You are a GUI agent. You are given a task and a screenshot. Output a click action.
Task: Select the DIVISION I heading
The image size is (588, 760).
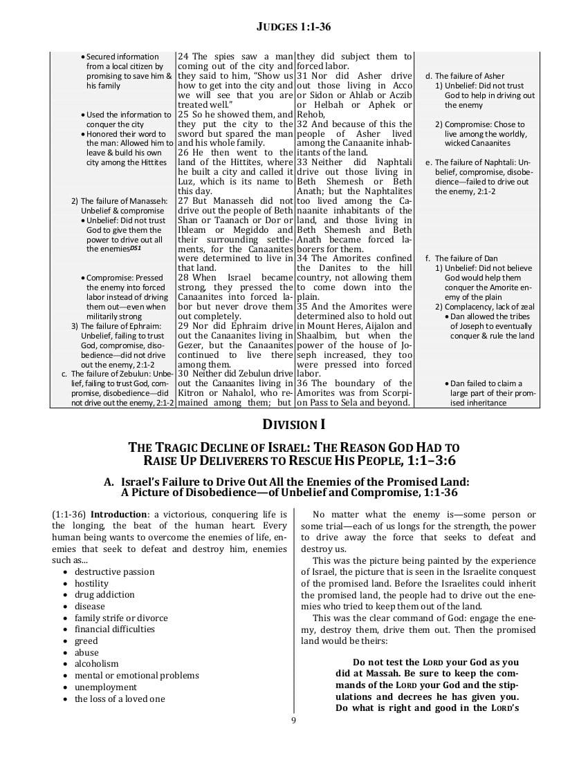click(x=295, y=424)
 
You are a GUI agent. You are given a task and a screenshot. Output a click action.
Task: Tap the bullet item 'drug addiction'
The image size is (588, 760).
click(x=104, y=595)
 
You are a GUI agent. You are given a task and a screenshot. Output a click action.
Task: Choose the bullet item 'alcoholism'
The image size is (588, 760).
click(x=96, y=664)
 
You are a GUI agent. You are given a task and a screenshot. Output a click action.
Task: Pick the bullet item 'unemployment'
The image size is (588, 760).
click(x=106, y=687)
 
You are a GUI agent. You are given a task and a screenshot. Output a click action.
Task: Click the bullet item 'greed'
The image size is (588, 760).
click(x=86, y=641)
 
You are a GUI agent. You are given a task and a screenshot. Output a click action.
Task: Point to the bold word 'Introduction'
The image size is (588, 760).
click(x=119, y=515)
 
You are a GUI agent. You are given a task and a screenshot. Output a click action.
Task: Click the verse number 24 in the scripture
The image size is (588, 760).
click(x=183, y=57)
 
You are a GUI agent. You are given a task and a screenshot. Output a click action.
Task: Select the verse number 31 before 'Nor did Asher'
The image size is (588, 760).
click(x=303, y=76)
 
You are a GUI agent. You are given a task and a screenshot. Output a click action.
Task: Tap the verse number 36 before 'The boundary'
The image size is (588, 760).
click(x=303, y=383)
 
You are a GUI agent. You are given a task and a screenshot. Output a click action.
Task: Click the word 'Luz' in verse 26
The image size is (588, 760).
click(x=185, y=182)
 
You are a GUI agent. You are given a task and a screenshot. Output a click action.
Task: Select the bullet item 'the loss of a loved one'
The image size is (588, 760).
click(x=120, y=699)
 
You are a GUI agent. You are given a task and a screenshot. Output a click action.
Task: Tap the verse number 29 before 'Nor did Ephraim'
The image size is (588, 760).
click(x=183, y=325)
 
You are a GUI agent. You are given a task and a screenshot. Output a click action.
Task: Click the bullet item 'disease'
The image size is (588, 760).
click(x=90, y=607)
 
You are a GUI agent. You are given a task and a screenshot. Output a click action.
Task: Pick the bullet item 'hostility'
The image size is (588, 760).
click(x=91, y=584)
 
